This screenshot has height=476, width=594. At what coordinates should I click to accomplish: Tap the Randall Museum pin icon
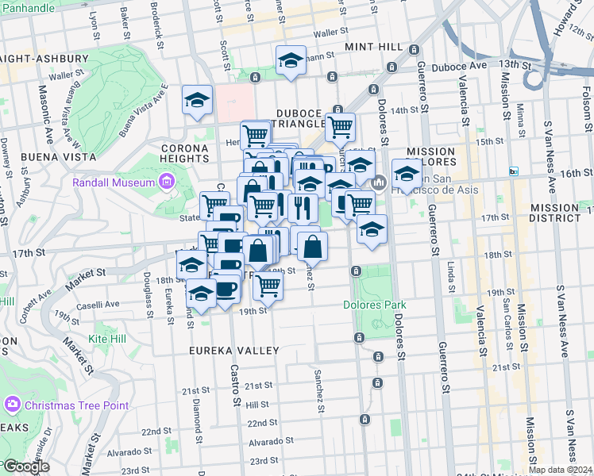[166, 182]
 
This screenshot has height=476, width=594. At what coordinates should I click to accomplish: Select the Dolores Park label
[374, 305]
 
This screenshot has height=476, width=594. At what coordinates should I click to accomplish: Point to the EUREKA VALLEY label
[233, 350]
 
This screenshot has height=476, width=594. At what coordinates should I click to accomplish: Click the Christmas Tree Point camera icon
[12, 405]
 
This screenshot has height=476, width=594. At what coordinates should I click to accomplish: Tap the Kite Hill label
[107, 339]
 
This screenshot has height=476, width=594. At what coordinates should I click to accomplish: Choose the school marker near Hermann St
[291, 60]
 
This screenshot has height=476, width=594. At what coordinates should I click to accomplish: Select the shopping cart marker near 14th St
[339, 125]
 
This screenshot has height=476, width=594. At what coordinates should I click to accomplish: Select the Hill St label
[257, 404]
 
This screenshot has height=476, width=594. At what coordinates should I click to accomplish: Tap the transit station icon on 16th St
[514, 171]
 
